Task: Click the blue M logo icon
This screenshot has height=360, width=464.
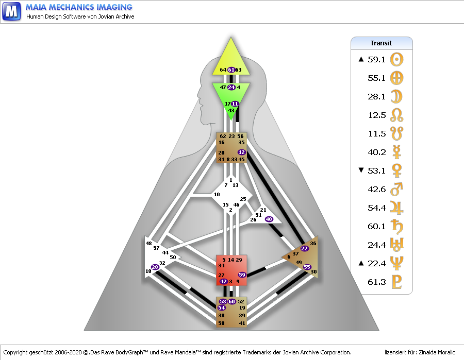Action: click(x=11, y=11)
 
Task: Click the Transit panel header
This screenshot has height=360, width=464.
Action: click(x=382, y=43)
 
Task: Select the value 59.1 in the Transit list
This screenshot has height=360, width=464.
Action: click(x=377, y=59)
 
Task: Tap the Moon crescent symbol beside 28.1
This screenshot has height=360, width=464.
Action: click(x=396, y=96)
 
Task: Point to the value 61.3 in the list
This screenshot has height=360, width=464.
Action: click(x=377, y=282)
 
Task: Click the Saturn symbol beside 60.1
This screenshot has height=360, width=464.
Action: click(x=396, y=226)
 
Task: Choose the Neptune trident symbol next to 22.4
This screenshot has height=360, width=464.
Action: click(x=396, y=263)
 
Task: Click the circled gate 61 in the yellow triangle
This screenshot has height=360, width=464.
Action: click(x=231, y=70)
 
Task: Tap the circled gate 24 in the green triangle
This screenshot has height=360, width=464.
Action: click(x=231, y=87)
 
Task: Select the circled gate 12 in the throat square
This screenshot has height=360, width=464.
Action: click(x=242, y=152)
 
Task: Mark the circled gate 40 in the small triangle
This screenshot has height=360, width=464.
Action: click(x=269, y=219)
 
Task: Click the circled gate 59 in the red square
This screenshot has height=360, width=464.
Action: click(x=242, y=275)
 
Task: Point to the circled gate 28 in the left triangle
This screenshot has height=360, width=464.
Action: click(x=155, y=267)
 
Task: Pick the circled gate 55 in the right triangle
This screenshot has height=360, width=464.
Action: click(x=307, y=267)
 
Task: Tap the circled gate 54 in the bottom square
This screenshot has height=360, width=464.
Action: click(x=222, y=307)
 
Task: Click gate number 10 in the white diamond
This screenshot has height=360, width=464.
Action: click(x=217, y=194)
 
